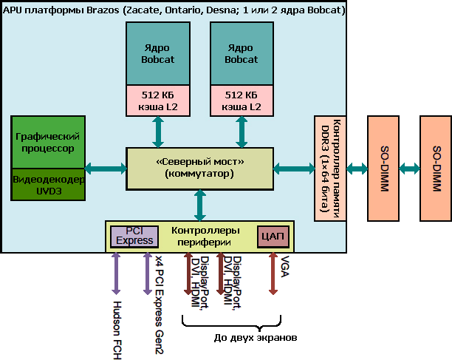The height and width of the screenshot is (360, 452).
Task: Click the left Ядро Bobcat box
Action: coord(157,53)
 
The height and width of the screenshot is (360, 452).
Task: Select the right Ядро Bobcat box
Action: coord(242,53)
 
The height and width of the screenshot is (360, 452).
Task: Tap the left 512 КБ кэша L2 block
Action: coord(157,101)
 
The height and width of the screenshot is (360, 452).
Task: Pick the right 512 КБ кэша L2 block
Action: coord(242,101)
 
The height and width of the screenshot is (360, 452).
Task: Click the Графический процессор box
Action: coord(48,142)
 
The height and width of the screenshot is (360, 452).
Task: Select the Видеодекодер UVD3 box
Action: coord(48,185)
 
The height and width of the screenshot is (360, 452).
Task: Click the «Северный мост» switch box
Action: coord(199,168)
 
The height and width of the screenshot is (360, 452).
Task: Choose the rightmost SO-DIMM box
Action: coord(435,169)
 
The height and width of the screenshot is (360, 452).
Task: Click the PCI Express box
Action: coord(134,236)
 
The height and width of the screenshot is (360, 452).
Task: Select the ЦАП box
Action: coord(271,237)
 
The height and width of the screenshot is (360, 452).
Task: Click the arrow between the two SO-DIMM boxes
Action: coord(408,169)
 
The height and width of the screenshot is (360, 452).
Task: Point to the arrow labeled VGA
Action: coord(274,274)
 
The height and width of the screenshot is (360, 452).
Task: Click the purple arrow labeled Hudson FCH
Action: coord(115,274)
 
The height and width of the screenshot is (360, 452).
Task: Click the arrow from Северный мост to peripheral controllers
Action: coord(199,204)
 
